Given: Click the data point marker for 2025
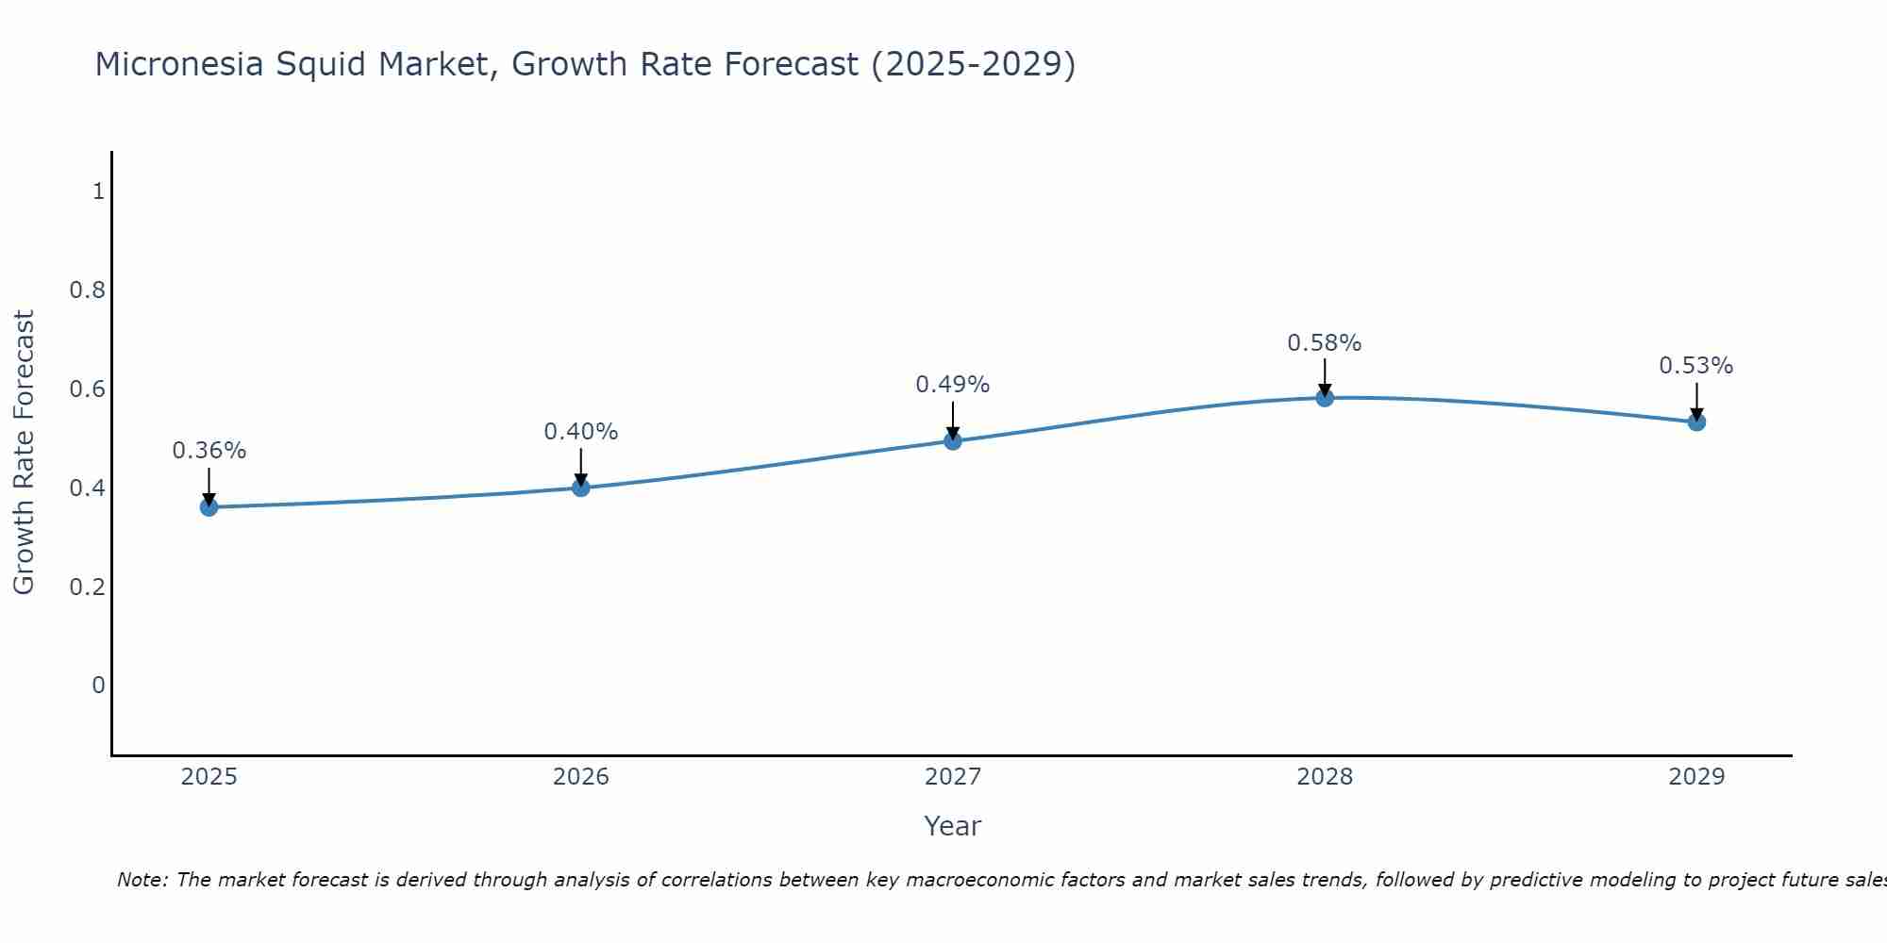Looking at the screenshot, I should (209, 507).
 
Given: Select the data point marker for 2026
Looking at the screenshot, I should (581, 488).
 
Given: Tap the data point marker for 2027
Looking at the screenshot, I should (953, 440).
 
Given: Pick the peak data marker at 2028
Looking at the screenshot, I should (1325, 398).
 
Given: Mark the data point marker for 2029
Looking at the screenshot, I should (1696, 422).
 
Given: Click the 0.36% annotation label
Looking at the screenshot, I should (209, 451).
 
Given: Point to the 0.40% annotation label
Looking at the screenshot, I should (581, 432).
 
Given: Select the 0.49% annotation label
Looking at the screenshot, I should (953, 385).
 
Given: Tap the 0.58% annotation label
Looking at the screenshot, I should (1325, 343).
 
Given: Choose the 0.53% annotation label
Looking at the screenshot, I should (1696, 366).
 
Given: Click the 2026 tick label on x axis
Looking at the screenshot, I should (581, 777).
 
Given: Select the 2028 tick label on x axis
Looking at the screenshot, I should (1325, 777).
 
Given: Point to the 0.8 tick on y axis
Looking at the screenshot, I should (87, 290).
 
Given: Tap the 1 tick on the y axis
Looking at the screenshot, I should (98, 191).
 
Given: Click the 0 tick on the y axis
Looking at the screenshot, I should (98, 686).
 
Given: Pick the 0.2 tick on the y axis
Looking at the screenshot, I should (87, 587).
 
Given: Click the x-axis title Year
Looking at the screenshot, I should (953, 826).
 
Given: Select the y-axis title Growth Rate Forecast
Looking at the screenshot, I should (24, 453).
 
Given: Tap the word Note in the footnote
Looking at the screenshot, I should (142, 880).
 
